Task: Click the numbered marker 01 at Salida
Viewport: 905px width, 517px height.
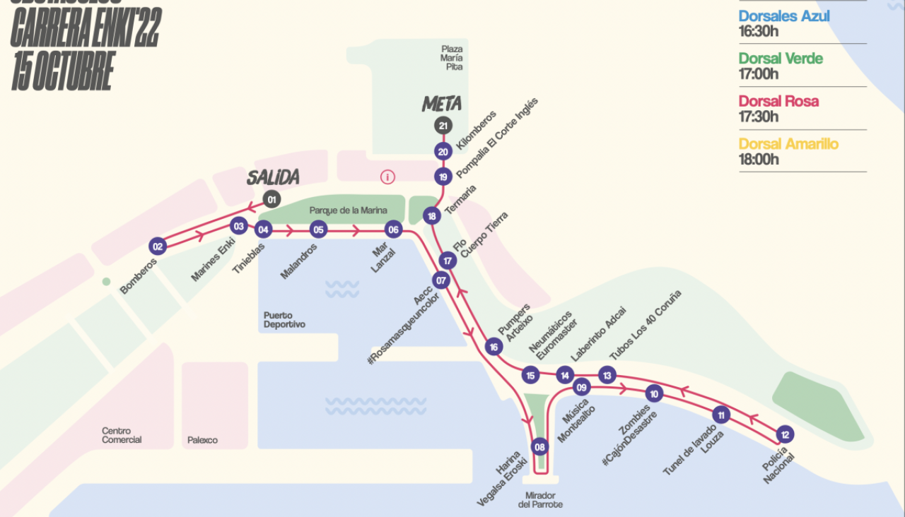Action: tap(271, 198)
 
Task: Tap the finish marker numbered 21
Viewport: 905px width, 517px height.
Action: tap(443, 126)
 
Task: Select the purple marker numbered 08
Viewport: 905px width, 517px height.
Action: tap(540, 446)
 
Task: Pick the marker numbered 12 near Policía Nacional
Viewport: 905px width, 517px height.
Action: tap(783, 434)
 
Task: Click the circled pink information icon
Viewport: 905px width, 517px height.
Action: tap(387, 177)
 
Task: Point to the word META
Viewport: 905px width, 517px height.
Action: tap(442, 105)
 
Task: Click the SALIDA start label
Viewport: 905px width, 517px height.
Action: tap(273, 178)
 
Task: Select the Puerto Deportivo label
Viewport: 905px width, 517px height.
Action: tap(284, 320)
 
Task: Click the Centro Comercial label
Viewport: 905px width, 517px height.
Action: tap(122, 435)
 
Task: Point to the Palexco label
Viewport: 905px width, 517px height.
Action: tap(202, 440)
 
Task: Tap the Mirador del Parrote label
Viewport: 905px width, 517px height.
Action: tap(540, 499)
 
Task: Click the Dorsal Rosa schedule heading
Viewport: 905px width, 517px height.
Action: tap(778, 101)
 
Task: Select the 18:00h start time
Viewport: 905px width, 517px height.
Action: tap(759, 160)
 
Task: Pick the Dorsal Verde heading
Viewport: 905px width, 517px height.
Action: tap(781, 59)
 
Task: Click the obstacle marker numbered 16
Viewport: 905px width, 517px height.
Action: tap(494, 346)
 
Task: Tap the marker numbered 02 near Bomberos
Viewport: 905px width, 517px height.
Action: tap(157, 246)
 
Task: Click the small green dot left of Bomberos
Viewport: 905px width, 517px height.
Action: tap(106, 281)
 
